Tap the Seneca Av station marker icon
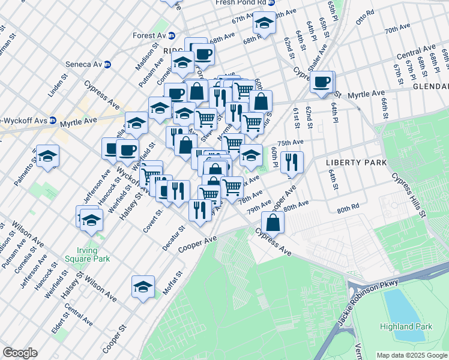pyautogui.click(x=107, y=64)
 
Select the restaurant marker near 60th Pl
pyautogui.click(x=292, y=161)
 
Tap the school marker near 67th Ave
pyautogui.click(x=263, y=23)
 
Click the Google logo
pyautogui.click(x=20, y=353)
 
